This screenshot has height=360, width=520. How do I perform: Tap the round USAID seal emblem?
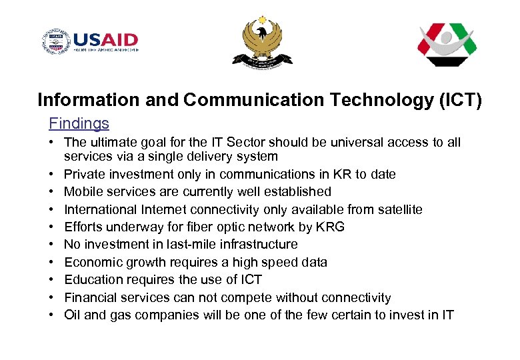(55, 42)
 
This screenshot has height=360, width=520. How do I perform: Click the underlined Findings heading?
(79, 123)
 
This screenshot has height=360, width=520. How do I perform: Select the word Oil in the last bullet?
(72, 315)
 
